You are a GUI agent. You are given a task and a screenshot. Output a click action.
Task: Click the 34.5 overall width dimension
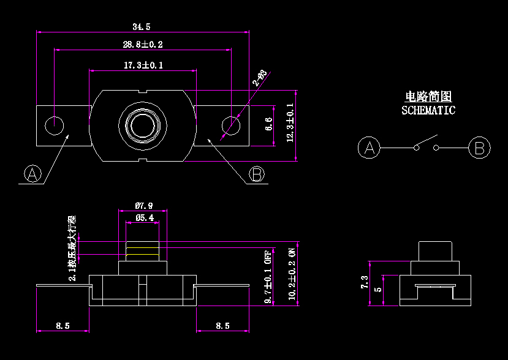pos(142,26)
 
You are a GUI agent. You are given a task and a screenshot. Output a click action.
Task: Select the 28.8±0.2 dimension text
pos(143,45)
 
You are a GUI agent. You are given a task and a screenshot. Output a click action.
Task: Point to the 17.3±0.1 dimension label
pos(143,66)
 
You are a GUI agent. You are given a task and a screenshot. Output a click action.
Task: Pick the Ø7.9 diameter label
pos(143,206)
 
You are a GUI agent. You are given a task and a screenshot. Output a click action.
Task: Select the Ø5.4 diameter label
pos(145,218)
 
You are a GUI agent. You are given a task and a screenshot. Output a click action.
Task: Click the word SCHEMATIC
pos(428,111)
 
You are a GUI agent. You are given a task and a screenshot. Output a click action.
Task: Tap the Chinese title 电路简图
pos(428,97)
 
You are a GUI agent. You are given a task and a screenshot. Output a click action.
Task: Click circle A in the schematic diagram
pos(369,148)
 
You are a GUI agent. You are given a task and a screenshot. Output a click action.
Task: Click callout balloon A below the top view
pos(34,174)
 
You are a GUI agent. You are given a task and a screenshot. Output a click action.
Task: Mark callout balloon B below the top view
pos(257,174)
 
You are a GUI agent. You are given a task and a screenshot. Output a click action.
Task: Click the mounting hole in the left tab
pos(55,124)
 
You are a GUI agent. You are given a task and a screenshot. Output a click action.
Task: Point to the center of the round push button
pos(143,125)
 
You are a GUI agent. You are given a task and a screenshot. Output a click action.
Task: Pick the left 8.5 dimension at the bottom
pos(62,326)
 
